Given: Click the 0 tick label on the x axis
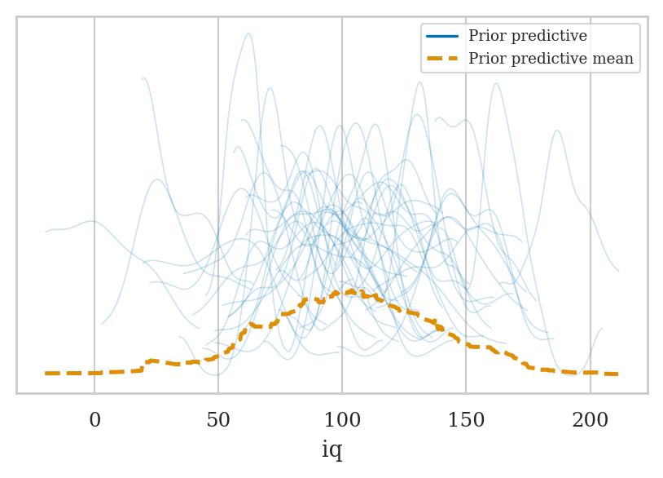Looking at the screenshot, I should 94,421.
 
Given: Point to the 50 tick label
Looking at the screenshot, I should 218,421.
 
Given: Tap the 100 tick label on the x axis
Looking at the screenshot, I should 342,421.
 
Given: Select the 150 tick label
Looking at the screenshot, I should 466,421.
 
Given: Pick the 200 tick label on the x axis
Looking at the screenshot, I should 590,421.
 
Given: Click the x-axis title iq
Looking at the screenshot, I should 331,449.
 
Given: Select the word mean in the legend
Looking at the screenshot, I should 614,60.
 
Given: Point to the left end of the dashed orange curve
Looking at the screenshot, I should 46,373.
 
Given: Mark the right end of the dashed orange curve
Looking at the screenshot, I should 617,374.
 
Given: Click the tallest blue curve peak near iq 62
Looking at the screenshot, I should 248,33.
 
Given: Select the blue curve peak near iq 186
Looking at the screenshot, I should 557,131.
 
